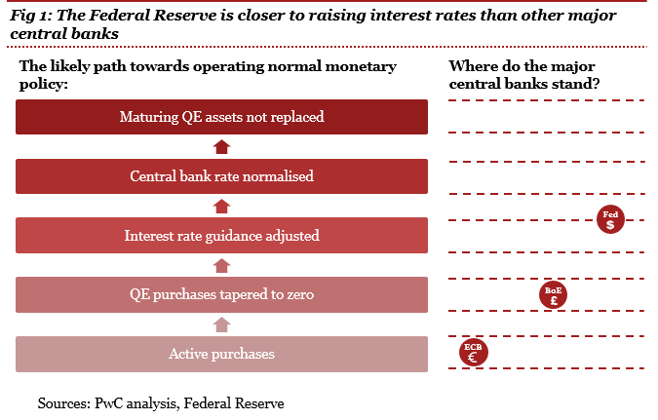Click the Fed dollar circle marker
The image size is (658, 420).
(x=610, y=219)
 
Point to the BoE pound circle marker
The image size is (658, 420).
(x=554, y=295)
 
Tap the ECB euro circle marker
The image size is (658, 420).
(x=474, y=353)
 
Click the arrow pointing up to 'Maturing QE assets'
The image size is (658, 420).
(x=221, y=146)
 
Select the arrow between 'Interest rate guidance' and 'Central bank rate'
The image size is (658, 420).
(x=221, y=206)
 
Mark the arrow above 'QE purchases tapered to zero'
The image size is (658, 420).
(x=221, y=265)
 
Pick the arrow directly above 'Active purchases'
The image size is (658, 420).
(x=221, y=325)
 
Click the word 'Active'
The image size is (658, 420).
(x=188, y=354)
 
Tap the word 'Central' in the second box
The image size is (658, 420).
(x=154, y=176)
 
